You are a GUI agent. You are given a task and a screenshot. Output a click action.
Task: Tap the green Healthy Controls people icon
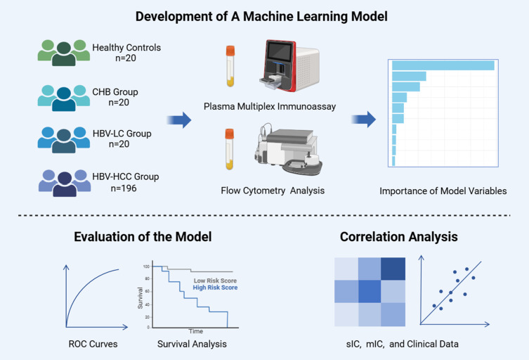[x=63, y=53]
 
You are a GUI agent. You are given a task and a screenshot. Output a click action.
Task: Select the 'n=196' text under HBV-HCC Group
[x=126, y=188]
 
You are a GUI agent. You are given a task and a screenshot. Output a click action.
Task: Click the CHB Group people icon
[x=63, y=97]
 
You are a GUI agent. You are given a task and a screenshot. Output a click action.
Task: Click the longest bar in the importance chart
[x=443, y=65]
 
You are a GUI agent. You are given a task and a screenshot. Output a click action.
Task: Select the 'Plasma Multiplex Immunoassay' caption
[x=270, y=107]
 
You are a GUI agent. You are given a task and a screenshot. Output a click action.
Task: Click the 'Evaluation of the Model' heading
[x=143, y=237]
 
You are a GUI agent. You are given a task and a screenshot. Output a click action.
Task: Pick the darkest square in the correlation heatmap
[x=394, y=268]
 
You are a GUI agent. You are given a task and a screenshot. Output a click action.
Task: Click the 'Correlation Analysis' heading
[x=398, y=237]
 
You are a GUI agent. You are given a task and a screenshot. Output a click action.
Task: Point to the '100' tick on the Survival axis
[x=146, y=266]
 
